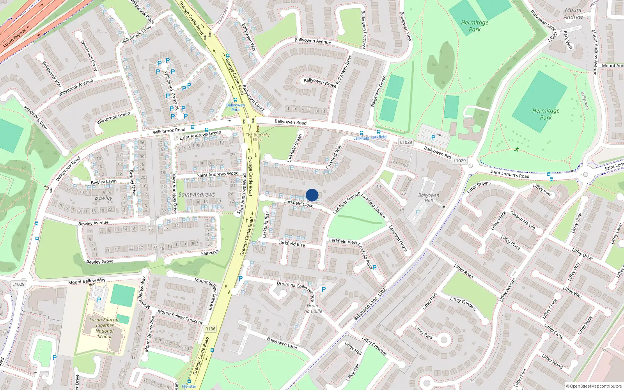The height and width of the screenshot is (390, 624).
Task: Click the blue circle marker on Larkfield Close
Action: (x=312, y=195)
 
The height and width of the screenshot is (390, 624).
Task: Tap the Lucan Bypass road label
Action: (x=14, y=38)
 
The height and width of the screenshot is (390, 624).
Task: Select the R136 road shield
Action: (x=210, y=329)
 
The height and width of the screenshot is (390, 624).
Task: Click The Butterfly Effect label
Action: (x=257, y=137)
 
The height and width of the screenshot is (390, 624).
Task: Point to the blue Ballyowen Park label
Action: (x=236, y=107)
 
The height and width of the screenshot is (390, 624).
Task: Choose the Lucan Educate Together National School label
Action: (x=105, y=328)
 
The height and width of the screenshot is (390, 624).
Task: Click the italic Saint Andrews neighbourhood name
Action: (x=197, y=195)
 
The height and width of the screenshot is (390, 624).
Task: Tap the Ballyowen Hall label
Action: (x=429, y=198)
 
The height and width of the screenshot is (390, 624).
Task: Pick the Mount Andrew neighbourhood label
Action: (x=573, y=14)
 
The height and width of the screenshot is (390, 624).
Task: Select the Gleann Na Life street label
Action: (x=523, y=220)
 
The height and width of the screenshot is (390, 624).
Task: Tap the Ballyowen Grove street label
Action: (x=320, y=82)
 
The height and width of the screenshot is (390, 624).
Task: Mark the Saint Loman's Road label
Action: (x=510, y=174)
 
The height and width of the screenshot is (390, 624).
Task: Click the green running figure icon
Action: (x=517, y=149)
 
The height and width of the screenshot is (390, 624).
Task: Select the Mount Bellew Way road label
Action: (x=87, y=281)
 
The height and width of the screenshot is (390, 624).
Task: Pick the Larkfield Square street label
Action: (x=373, y=206)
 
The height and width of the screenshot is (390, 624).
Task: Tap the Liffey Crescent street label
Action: (x=374, y=346)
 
